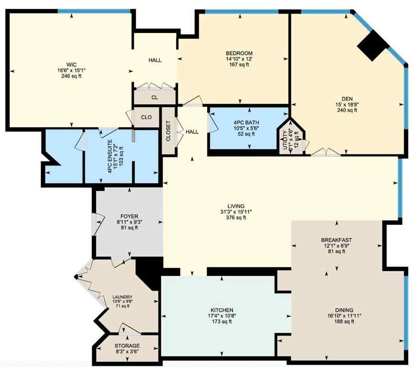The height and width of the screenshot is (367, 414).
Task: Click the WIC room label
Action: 71,64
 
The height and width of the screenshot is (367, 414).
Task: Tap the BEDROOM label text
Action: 239,53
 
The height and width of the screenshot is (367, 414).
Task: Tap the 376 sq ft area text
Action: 236,217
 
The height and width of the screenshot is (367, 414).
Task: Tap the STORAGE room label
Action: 127,345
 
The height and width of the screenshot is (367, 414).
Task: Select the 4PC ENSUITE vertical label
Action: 110,156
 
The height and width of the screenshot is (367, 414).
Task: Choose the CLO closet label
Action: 146,117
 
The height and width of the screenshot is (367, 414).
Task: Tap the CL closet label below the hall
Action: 154,97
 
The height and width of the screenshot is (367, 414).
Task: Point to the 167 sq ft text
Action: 239,65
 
